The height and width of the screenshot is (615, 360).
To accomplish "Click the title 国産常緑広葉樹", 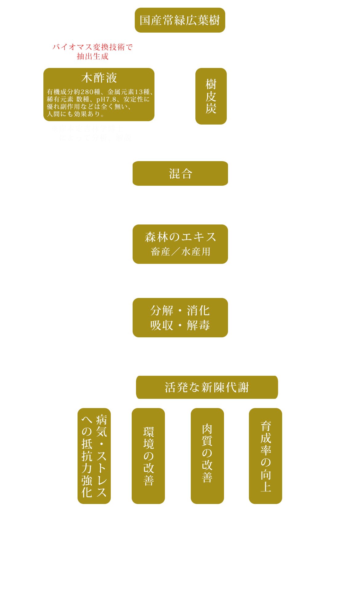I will [180, 20].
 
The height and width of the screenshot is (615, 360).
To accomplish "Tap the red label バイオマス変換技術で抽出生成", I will [92, 52].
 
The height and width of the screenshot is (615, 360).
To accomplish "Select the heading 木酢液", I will [99, 78].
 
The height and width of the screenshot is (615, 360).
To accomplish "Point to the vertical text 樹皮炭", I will [211, 96].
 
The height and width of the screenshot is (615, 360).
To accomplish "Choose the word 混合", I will [181, 174].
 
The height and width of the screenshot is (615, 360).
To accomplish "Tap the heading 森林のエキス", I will [180, 237].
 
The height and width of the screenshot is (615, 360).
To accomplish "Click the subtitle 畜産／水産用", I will [181, 252].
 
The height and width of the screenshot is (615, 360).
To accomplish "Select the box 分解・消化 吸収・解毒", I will [180, 318].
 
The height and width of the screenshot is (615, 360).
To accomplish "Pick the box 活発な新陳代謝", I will [207, 387].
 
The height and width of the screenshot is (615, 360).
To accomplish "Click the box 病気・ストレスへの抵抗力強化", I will [94, 456].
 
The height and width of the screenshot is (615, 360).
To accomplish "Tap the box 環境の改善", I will [148, 456].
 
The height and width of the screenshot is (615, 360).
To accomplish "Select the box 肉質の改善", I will [207, 456].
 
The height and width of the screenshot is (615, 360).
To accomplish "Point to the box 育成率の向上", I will [265, 456].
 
